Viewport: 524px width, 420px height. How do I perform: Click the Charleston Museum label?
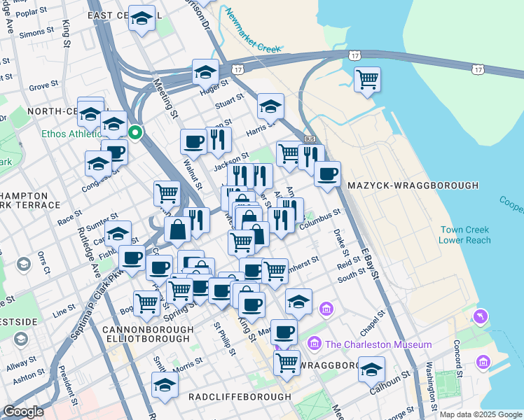pos(378,344)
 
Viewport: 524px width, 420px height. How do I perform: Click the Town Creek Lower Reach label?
pos(464,235)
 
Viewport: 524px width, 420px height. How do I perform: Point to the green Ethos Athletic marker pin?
pos(136,131)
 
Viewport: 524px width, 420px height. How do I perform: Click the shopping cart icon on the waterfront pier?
pos(367,79)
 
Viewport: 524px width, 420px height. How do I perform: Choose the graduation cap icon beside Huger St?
pos(205,71)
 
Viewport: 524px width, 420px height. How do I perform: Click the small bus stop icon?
pos(310,139)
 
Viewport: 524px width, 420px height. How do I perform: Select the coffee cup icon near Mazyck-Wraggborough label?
pos(326,174)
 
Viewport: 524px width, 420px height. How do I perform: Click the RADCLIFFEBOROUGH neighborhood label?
pos(240,397)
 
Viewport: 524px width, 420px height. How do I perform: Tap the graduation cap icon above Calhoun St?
pos(371,369)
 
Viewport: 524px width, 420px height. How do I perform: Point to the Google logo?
pos(24,412)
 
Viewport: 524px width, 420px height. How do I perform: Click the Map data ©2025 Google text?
pos(481,414)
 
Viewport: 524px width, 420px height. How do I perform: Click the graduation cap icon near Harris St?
pos(270,106)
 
